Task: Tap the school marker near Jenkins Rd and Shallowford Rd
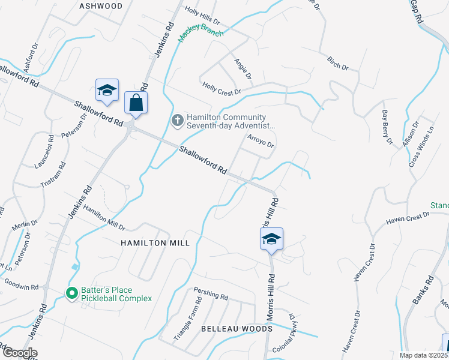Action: [107, 91]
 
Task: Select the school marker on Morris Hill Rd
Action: [271, 239]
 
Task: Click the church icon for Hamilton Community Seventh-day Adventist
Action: [177, 121]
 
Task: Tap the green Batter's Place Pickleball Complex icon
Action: [72, 293]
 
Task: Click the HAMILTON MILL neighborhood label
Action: [155, 243]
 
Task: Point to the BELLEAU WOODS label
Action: [237, 329]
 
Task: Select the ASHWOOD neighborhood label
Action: [101, 6]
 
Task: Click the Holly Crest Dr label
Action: [221, 89]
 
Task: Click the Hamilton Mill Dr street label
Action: [104, 218]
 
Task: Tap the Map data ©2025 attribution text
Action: [420, 355]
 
